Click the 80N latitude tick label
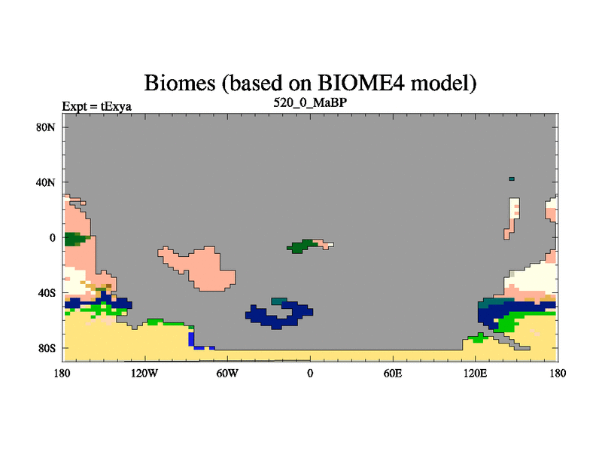(x=45, y=127)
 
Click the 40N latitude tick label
(x=45, y=182)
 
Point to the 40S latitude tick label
(x=46, y=293)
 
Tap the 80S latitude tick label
(x=46, y=348)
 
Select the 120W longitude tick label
(x=144, y=373)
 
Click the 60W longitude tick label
(x=227, y=373)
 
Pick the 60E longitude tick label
(x=393, y=373)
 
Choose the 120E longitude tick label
(x=476, y=373)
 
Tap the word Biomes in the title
(x=180, y=84)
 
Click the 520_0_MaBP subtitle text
(x=310, y=102)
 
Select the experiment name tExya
(x=116, y=106)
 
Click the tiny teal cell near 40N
(x=512, y=179)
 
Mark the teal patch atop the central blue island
(x=278, y=301)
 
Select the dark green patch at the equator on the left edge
(x=74, y=239)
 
